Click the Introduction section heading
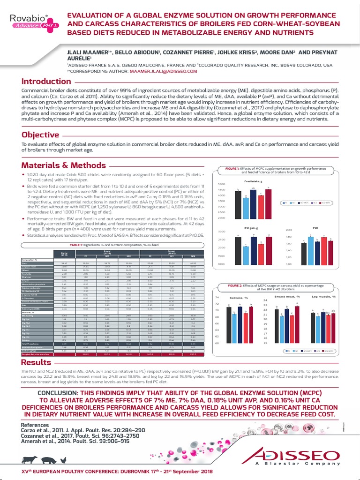click(46, 82)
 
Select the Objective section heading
click(40, 135)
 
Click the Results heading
click(37, 363)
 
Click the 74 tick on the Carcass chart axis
click(217, 298)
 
